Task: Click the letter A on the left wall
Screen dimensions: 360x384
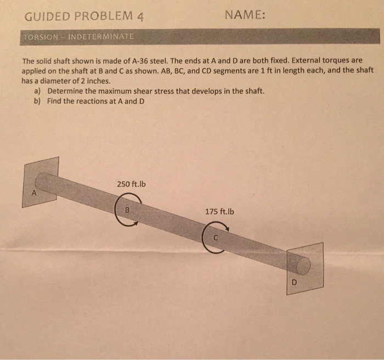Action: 33,193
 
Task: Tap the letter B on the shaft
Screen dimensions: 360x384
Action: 127,210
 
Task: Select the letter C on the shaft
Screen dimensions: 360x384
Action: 216,237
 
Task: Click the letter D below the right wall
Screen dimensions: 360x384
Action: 294,283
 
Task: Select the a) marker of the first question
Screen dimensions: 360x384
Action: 37,91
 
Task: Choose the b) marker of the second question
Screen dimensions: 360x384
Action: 37,101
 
